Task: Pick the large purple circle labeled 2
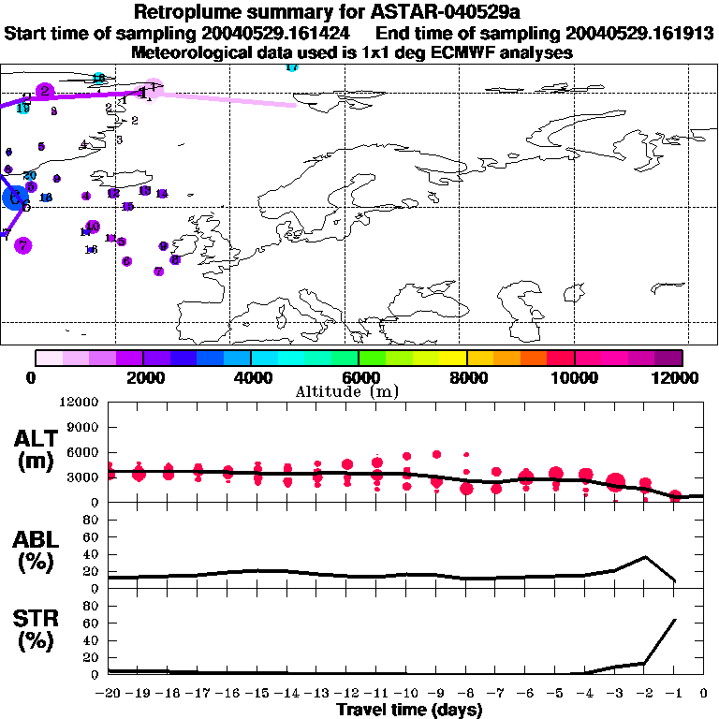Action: point(44,91)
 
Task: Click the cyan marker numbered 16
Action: point(98,78)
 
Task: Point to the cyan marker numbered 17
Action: point(291,67)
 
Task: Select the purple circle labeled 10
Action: point(92,227)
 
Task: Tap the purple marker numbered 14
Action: point(161,194)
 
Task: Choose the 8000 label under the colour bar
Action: point(466,377)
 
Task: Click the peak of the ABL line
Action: point(645,557)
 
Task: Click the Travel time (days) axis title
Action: point(409,710)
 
